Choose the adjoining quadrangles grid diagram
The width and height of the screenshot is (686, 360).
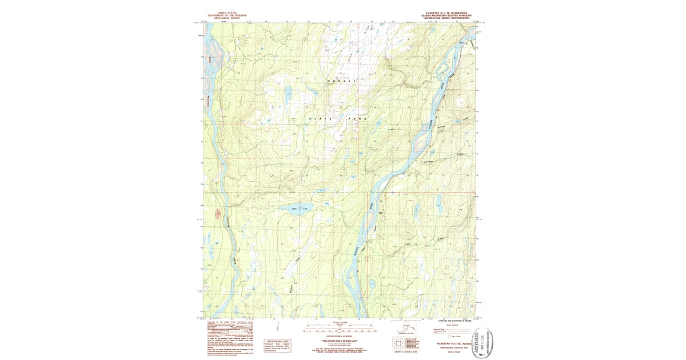coord(398,343)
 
